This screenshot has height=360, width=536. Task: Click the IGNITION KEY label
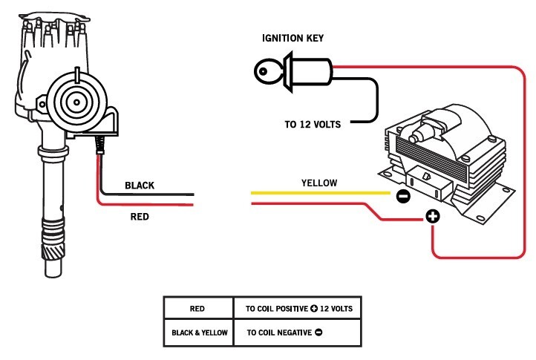coord(292,38)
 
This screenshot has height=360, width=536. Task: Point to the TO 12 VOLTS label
coord(313,125)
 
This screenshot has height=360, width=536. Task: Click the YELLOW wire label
coord(319,183)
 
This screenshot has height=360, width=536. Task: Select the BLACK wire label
coord(140,186)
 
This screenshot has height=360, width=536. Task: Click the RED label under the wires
coord(139,217)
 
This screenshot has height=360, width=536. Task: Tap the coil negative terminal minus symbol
coord(402,197)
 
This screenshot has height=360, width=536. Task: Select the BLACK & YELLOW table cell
coord(197,333)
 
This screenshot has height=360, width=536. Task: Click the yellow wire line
coord(319,193)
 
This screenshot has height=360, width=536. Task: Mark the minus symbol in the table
coord(318,333)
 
